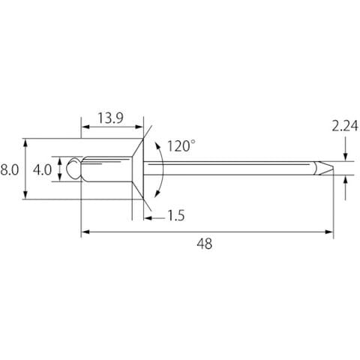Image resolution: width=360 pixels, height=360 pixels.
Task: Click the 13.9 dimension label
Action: pyautogui.click(x=110, y=118)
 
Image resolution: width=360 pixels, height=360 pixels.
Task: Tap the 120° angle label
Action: pyautogui.click(x=181, y=146)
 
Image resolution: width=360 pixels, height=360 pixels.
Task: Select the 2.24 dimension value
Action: pyautogui.click(x=345, y=126)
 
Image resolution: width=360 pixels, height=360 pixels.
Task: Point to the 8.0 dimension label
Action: pyautogui.click(x=10, y=170)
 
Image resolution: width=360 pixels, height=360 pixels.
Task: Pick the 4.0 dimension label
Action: pyautogui.click(x=42, y=170)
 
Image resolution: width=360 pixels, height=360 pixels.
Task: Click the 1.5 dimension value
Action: pyautogui.click(x=175, y=215)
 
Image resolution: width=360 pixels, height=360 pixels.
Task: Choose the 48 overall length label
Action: pyautogui.click(x=205, y=244)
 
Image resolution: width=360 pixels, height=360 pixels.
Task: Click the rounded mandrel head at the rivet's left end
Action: pyautogui.click(x=73, y=169)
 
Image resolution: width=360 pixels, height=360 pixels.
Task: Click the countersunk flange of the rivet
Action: pyautogui.click(x=138, y=169)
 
